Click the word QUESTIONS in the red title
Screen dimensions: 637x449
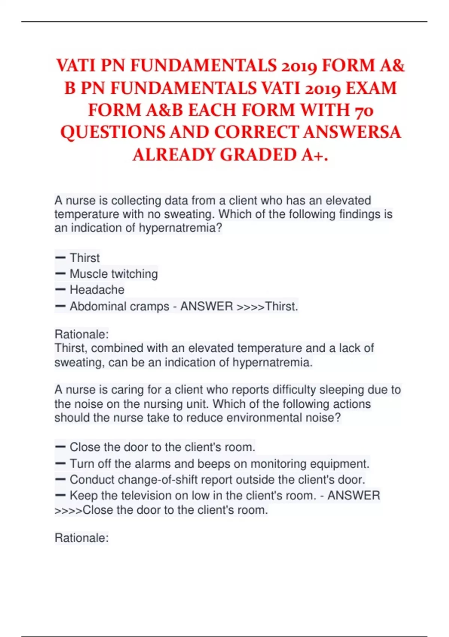click(x=113, y=132)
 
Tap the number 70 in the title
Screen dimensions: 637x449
click(x=363, y=111)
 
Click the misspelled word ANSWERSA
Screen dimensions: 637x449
click(x=352, y=132)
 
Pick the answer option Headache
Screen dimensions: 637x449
click(x=97, y=290)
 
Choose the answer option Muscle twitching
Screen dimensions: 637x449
click(x=114, y=274)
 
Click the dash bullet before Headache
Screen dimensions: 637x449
click(x=60, y=290)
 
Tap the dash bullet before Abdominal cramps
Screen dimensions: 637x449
click(x=60, y=306)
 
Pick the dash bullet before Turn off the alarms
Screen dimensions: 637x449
click(x=60, y=464)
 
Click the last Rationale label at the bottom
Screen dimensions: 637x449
click(x=82, y=538)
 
